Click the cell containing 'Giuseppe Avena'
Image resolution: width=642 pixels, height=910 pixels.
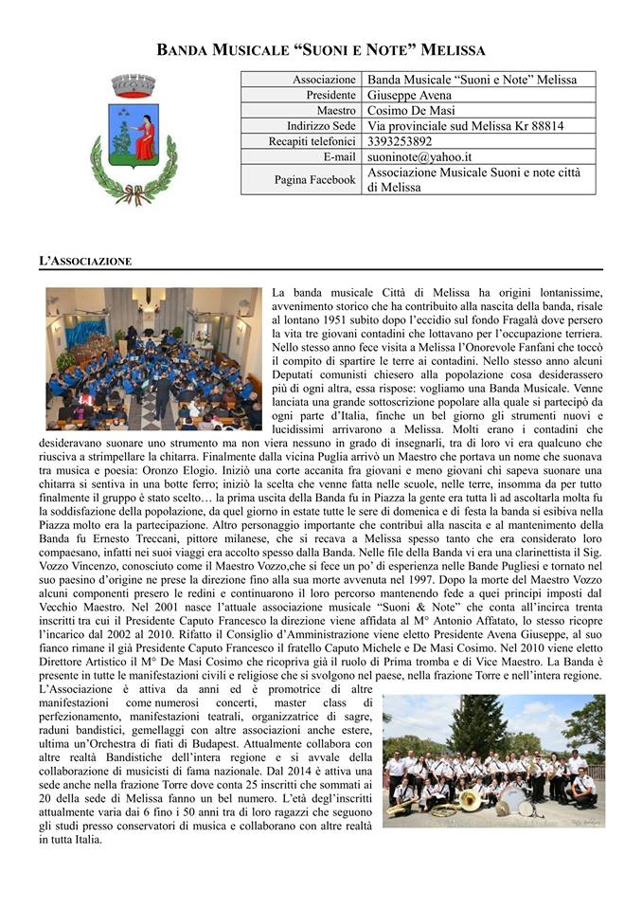[x=409, y=96]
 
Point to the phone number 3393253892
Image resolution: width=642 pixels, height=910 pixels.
[x=400, y=141]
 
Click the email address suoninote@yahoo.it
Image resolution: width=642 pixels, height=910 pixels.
[x=419, y=156]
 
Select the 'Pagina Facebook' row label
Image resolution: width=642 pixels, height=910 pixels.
[x=314, y=179]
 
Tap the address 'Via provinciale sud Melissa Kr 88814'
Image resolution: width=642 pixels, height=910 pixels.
[x=465, y=126]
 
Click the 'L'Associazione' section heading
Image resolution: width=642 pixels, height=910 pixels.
[x=85, y=260]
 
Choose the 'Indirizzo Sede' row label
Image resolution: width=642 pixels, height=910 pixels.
[x=321, y=126]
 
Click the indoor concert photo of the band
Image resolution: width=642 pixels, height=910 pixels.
[x=153, y=358]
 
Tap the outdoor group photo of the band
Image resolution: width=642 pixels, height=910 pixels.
[x=493, y=761]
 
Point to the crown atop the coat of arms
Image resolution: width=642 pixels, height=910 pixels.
[x=133, y=84]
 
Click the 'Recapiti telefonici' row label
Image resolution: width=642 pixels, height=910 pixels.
[x=312, y=141]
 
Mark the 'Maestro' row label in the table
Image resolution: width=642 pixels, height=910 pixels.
[x=336, y=111]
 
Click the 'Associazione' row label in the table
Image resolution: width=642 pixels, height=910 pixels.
[x=324, y=81]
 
